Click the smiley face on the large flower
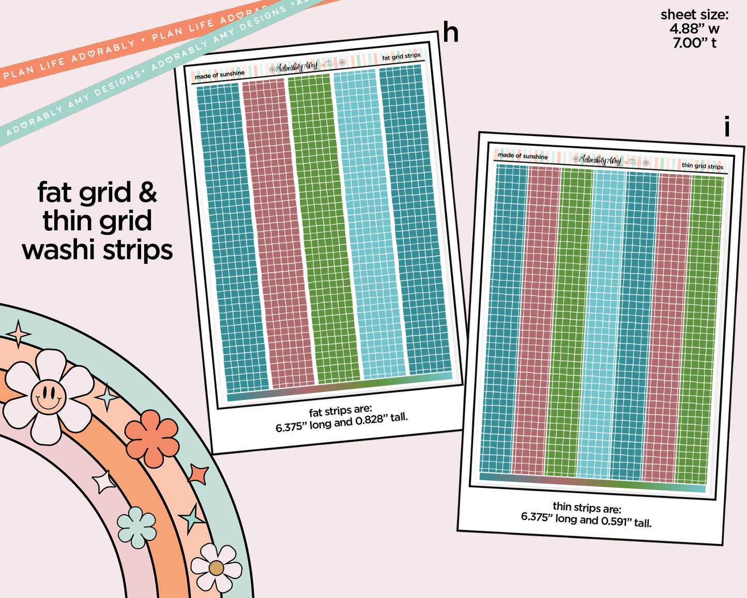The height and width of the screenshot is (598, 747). tap(48, 397)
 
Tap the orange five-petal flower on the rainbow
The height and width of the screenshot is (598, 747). tap(152, 438)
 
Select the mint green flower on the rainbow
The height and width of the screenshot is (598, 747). tap(136, 527)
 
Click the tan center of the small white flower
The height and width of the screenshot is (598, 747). tap(216, 568)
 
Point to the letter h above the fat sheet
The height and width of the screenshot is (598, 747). tap(451, 33)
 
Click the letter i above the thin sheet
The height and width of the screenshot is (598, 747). tap(727, 127)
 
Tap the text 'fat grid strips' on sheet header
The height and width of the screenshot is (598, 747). tap(401, 56)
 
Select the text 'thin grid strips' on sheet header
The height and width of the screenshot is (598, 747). tap(702, 166)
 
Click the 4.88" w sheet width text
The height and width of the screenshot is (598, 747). tap(694, 29)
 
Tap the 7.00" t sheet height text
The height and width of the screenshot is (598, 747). tap(694, 43)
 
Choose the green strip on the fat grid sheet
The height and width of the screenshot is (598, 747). tap(323, 228)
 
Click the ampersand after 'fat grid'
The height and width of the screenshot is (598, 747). tap(148, 192)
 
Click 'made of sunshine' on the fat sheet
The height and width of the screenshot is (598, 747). tap(219, 75)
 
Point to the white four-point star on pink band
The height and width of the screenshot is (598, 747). tap(104, 482)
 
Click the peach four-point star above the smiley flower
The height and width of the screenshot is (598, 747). tap(19, 334)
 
